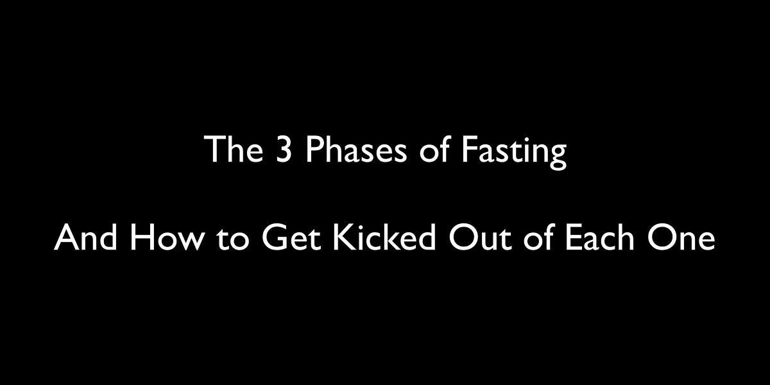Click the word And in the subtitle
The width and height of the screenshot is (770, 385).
(87, 238)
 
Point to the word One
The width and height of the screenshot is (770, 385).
(683, 238)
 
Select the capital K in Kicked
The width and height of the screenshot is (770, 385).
(340, 238)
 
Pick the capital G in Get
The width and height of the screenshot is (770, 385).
(272, 238)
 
